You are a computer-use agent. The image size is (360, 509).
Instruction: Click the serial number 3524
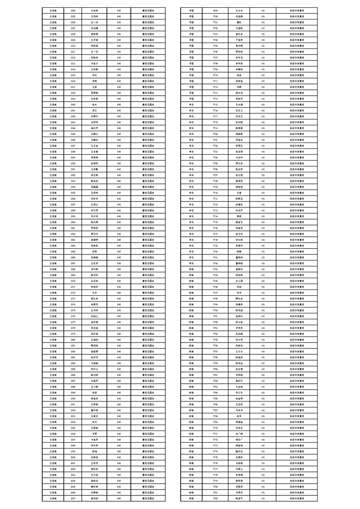pyautogui.click(x=73, y=10)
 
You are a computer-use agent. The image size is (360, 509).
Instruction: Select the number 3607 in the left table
pyautogui.click(x=73, y=498)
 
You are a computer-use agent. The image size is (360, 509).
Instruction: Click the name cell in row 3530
pyautogui.click(x=94, y=46)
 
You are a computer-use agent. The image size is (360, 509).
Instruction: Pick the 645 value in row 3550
pyautogui.click(x=118, y=163)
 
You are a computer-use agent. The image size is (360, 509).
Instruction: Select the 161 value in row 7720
pyautogui.click(x=263, y=134)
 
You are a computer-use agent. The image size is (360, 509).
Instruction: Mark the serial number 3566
pyautogui.click(x=73, y=257)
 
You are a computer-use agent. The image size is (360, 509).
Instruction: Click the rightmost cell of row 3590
pyautogui.click(x=148, y=398)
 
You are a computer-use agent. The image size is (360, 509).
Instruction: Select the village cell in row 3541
pyautogui.click(x=53, y=110)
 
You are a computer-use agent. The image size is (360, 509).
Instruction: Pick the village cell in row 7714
pyautogui.click(x=191, y=98)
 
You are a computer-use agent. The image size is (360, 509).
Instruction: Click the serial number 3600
pyautogui.click(x=73, y=457)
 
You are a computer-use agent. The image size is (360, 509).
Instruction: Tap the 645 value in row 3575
pyautogui.click(x=118, y=310)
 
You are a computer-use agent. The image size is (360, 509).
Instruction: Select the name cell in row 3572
pyautogui.click(x=94, y=293)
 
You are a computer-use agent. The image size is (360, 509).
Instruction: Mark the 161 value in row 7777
pyautogui.click(x=263, y=469)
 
